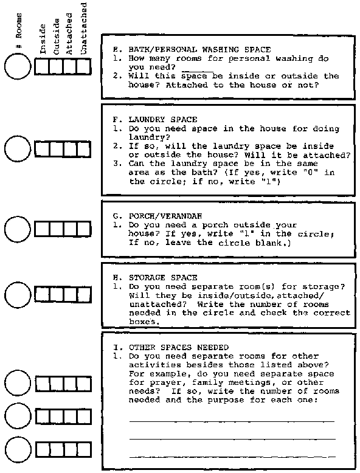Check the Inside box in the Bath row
(x=42, y=67)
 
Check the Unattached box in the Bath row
(x=84, y=67)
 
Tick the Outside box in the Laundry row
(x=57, y=149)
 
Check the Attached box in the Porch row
(x=71, y=229)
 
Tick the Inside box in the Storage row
(x=42, y=294)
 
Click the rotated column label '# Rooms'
(x=18, y=30)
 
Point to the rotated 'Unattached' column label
(x=84, y=29)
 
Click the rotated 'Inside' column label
(x=43, y=39)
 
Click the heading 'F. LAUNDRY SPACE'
(x=155, y=119)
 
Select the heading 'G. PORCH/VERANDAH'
(x=157, y=216)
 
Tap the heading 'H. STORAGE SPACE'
(x=155, y=277)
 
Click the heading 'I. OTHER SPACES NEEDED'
(x=171, y=348)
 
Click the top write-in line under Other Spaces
(x=232, y=421)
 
